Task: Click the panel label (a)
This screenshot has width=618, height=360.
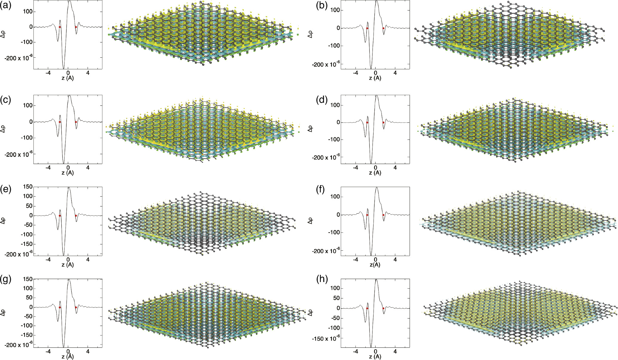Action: click(x=6, y=6)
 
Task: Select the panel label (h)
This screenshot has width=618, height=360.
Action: click(x=322, y=279)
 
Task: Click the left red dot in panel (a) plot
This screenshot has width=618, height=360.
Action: click(x=60, y=27)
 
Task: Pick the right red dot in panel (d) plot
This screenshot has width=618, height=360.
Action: click(x=383, y=122)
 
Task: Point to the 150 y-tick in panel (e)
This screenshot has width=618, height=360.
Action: click(x=28, y=187)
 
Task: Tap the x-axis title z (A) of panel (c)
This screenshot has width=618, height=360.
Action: click(x=68, y=173)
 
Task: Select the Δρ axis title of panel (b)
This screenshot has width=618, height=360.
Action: click(x=310, y=34)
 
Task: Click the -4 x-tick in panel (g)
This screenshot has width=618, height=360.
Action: click(x=48, y=352)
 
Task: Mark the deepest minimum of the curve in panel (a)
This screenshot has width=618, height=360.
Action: click(x=64, y=68)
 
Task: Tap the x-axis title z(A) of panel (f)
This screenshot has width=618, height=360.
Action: click(x=375, y=265)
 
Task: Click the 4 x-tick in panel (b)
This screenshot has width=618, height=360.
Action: click(x=395, y=73)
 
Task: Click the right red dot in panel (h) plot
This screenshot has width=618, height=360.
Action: click(x=383, y=308)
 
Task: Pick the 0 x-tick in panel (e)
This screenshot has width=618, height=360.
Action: click(x=68, y=260)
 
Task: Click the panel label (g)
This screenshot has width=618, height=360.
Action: click(x=6, y=279)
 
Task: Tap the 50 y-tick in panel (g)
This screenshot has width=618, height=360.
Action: click(x=29, y=298)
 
